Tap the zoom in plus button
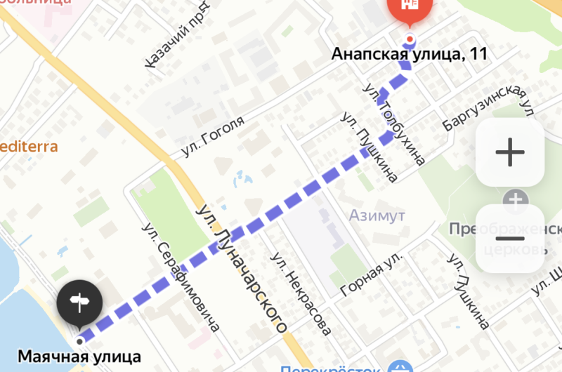coord(510,152)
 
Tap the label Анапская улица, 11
coord(410,54)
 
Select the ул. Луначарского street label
coord(242,267)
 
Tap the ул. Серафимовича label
coord(181,277)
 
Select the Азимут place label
coord(377,215)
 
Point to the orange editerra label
coord(29,147)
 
